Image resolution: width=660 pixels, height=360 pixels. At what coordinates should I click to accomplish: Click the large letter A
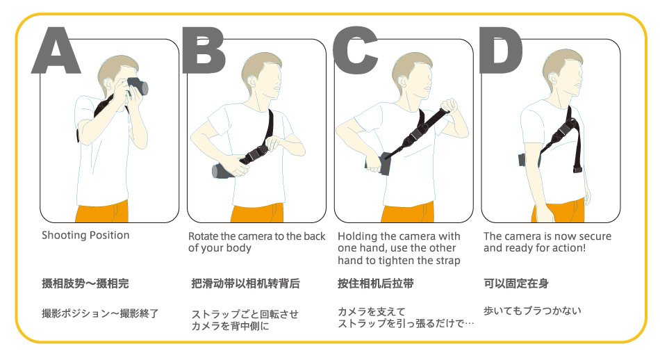tap(56, 51)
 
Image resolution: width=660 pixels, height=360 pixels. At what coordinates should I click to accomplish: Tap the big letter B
tap(204, 50)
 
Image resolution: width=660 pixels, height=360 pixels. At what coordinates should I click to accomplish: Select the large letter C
tap(354, 51)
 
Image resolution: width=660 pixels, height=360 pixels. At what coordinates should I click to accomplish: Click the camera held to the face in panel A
tap(138, 86)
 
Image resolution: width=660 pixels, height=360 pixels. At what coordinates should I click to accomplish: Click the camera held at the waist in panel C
tap(379, 164)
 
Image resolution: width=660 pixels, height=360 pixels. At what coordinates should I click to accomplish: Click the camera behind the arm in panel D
tap(522, 161)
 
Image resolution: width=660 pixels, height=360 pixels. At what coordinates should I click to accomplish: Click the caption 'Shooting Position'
tap(85, 236)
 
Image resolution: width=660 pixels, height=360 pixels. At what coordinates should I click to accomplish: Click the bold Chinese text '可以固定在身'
tap(516, 284)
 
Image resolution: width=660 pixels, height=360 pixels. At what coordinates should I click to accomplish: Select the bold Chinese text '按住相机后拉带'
tap(375, 284)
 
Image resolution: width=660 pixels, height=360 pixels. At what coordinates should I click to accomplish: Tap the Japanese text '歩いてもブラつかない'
tap(532, 311)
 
